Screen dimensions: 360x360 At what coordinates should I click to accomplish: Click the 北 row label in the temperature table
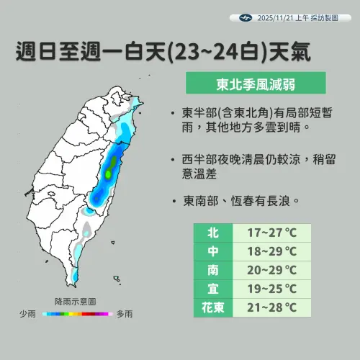click(x=212, y=233)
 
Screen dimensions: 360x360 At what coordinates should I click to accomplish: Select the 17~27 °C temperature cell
click(x=272, y=233)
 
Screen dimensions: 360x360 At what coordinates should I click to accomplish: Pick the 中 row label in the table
click(x=212, y=251)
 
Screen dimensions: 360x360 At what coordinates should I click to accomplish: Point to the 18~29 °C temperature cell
click(x=272, y=251)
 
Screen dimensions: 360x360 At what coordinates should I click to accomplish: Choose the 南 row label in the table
click(x=212, y=270)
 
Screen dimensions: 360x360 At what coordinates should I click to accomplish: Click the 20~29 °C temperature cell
click(x=272, y=270)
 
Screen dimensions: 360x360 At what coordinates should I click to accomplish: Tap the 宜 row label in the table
click(x=212, y=289)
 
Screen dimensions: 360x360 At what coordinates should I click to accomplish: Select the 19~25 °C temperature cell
click(x=272, y=289)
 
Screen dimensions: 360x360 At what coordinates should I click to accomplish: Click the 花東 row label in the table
click(x=212, y=307)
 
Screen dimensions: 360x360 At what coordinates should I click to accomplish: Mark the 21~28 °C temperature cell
click(x=272, y=307)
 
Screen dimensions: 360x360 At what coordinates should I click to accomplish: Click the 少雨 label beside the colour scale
click(x=28, y=315)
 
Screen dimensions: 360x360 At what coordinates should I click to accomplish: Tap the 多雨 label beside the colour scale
click(x=123, y=315)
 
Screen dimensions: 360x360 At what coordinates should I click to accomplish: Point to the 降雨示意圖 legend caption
click(x=75, y=302)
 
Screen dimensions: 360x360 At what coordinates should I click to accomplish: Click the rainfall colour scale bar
click(x=76, y=315)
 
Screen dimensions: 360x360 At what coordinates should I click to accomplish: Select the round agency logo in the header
click(x=243, y=17)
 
